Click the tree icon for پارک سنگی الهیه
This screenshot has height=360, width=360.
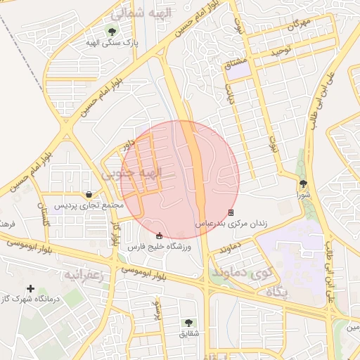click(112, 31)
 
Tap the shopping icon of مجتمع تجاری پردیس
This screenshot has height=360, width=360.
click(89, 194)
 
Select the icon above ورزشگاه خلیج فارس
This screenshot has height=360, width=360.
click(159, 236)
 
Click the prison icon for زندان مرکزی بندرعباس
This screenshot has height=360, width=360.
click(231, 212)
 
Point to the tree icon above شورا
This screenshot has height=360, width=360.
click(303, 182)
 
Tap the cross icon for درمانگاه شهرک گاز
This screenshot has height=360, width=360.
click(30, 288)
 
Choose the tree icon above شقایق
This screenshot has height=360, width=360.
click(189, 322)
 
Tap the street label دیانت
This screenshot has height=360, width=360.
click(229, 93)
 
